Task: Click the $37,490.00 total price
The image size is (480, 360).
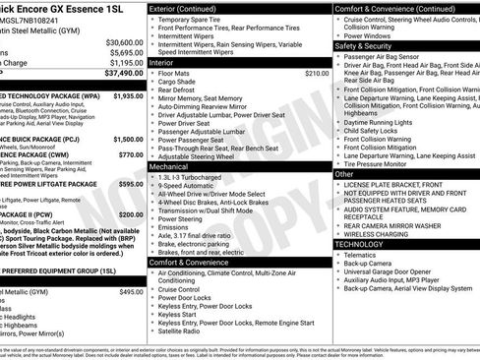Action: tap(118, 72)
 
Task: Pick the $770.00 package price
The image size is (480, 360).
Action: tap(130, 154)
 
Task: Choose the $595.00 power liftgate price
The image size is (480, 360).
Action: tap(130, 183)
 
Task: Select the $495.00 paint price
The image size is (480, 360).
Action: tap(131, 291)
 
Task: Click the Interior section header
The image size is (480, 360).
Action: tap(162, 62)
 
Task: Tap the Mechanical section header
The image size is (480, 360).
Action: tap(169, 167)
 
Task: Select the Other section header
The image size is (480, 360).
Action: tap(344, 173)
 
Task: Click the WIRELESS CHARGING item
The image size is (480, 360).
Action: tap(386, 234)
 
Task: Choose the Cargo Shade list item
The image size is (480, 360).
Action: tap(180, 83)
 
